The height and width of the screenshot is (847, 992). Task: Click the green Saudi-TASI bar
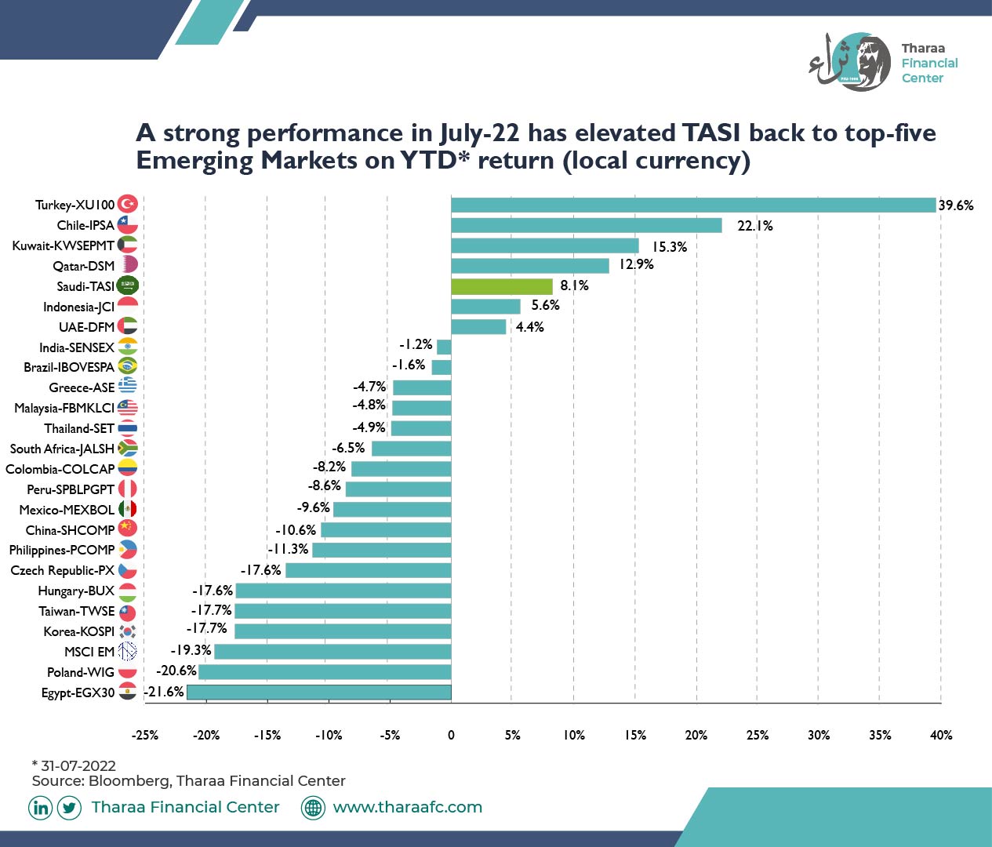pyautogui.click(x=502, y=286)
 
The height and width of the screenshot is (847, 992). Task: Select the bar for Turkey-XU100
pyautogui.click(x=693, y=205)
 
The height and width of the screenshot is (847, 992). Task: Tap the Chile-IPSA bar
pyautogui.click(x=587, y=225)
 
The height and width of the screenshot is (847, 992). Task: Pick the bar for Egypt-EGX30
pyautogui.click(x=319, y=692)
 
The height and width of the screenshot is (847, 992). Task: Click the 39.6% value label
pyautogui.click(x=956, y=205)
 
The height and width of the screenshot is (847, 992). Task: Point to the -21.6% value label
pyautogui.click(x=164, y=692)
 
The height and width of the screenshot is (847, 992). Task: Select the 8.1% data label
pyautogui.click(x=574, y=285)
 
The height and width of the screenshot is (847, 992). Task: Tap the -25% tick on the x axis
pyautogui.click(x=145, y=735)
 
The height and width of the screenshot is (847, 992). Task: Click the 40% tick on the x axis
pyautogui.click(x=941, y=735)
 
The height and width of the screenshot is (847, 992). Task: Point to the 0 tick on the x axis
pyautogui.click(x=451, y=735)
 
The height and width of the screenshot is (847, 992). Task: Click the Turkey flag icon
pyautogui.click(x=128, y=204)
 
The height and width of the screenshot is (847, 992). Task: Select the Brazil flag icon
pyautogui.click(x=128, y=366)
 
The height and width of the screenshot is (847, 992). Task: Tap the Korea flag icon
pyautogui.click(x=128, y=631)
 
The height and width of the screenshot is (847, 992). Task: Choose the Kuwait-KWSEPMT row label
pyautogui.click(x=64, y=245)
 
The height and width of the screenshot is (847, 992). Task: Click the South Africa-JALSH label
pyautogui.click(x=63, y=449)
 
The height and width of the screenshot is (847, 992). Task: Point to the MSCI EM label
pyautogui.click(x=89, y=652)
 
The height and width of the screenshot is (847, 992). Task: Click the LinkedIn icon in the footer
pyautogui.click(x=40, y=808)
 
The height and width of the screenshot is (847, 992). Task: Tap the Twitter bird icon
pyautogui.click(x=69, y=808)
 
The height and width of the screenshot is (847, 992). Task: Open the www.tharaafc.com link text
pyautogui.click(x=408, y=807)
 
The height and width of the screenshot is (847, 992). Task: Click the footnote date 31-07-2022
pyautogui.click(x=78, y=765)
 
